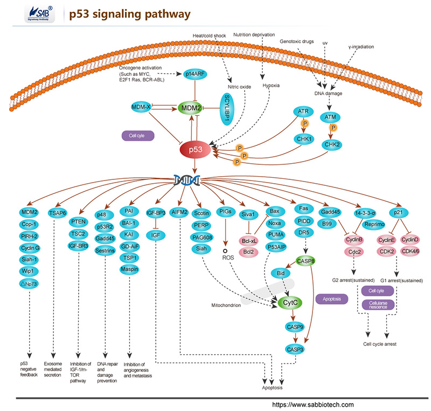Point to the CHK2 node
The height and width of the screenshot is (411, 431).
pyautogui.click(x=332, y=144)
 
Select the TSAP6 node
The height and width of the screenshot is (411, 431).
pyautogui.click(x=58, y=211)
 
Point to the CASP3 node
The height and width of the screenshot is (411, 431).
pyautogui.click(x=295, y=350)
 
